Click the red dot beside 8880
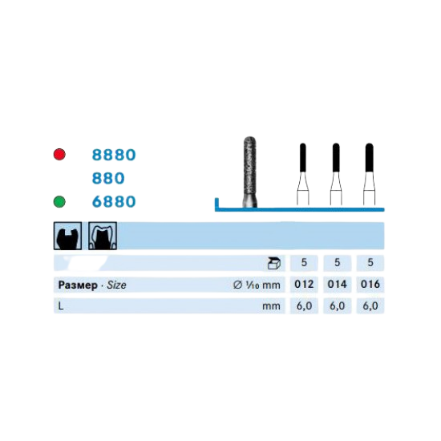click(x=59, y=155)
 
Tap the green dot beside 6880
click(x=59, y=201)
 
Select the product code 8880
click(x=114, y=155)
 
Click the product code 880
click(x=108, y=178)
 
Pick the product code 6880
click(x=114, y=201)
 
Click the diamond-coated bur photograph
click(x=249, y=172)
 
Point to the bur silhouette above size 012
click(x=303, y=174)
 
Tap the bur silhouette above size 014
click(x=336, y=174)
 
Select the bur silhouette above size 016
click(x=370, y=174)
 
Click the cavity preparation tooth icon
click(x=68, y=236)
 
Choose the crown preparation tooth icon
click(x=103, y=236)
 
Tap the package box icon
click(x=273, y=263)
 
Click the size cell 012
click(x=304, y=285)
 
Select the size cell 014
click(x=338, y=285)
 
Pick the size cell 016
click(x=370, y=285)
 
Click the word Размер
click(x=78, y=285)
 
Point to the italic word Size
click(x=116, y=285)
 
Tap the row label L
click(x=61, y=305)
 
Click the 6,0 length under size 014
click(x=338, y=306)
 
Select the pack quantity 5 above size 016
click(x=370, y=263)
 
